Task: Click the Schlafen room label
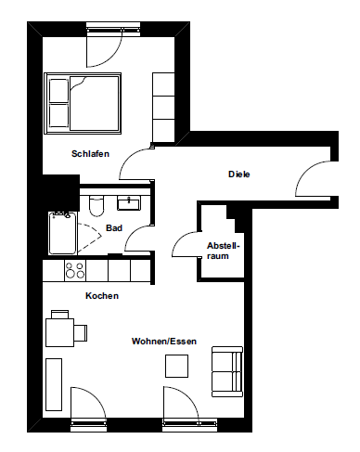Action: [90, 154]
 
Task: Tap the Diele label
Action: [239, 174]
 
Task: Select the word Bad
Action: [114, 228]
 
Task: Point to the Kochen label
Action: [102, 296]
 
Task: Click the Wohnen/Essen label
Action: [164, 342]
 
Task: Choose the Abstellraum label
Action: [223, 251]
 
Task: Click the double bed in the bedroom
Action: [83, 104]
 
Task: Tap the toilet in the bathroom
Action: [96, 205]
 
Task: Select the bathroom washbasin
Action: [129, 203]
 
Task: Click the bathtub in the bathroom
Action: [62, 233]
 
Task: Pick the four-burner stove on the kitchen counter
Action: [75, 270]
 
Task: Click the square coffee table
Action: [176, 366]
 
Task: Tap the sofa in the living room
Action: [227, 371]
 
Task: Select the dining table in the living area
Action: [59, 332]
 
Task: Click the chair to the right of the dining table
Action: [81, 333]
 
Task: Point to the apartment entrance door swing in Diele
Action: [313, 178]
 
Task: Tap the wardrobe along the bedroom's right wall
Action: [163, 108]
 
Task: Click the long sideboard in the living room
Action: [54, 384]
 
